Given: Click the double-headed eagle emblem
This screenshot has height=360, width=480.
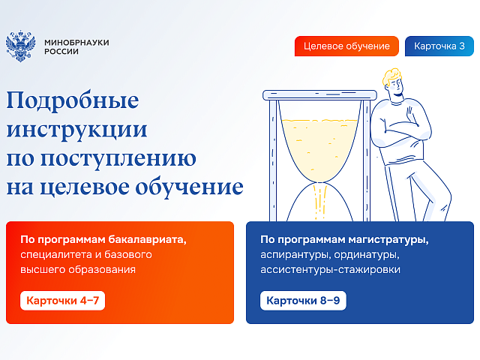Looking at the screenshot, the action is click(20, 46).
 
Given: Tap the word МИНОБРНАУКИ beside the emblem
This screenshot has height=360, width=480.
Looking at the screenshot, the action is click(76, 43).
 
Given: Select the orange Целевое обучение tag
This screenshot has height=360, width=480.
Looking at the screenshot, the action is click(346, 46).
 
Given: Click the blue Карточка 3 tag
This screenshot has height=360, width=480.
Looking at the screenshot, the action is click(439, 46).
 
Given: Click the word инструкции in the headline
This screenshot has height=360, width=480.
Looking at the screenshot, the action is click(76, 130).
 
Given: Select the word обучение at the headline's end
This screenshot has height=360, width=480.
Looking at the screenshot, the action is click(189, 187).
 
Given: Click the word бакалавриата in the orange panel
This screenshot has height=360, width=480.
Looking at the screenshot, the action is click(147, 239).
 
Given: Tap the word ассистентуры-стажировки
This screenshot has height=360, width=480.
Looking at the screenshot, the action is click(330, 270).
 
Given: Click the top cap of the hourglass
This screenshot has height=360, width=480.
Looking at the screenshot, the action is click(319, 95).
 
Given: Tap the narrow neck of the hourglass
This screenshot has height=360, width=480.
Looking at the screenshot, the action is click(320, 183).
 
